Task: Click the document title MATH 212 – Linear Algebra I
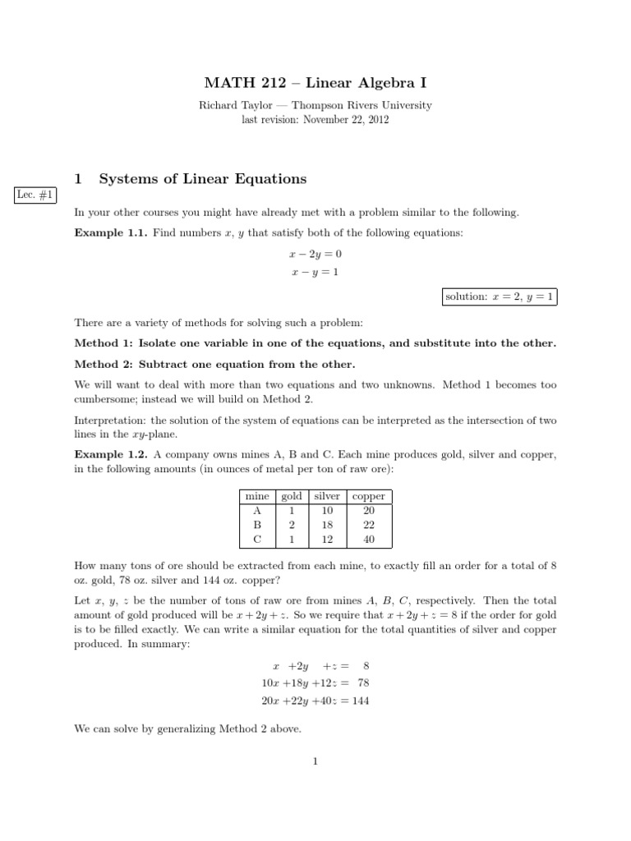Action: coord(315,83)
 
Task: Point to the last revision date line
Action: coord(315,119)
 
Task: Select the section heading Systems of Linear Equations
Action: coord(202,178)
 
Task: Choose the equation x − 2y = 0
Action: coord(315,254)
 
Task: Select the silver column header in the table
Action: coord(327,496)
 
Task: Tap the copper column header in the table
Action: coord(368,496)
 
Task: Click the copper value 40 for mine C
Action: coord(368,540)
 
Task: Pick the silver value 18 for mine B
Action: coord(327,525)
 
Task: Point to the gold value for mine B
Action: coord(292,525)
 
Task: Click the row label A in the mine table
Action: coord(257,510)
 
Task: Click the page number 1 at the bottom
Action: coord(315,761)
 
